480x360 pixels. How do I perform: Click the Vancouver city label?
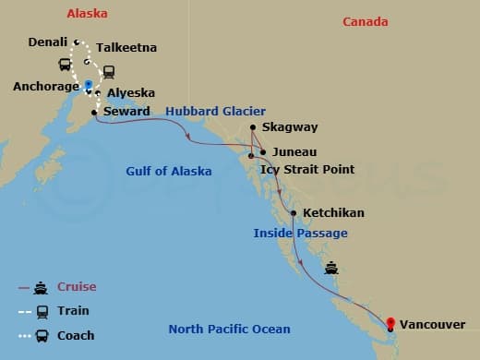pyautogui.click(x=432, y=324)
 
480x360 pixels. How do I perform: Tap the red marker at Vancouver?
pyautogui.click(x=390, y=323)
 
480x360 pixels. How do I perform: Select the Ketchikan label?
pyautogui.click(x=333, y=213)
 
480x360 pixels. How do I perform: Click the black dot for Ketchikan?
pyautogui.click(x=294, y=213)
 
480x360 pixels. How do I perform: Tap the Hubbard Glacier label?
pyautogui.click(x=215, y=112)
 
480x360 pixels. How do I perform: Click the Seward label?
pyautogui.click(x=127, y=112)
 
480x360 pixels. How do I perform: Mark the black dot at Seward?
pyautogui.click(x=95, y=113)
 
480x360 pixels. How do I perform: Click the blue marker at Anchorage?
pyautogui.click(x=88, y=84)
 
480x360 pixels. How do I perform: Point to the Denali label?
pyautogui.click(x=47, y=42)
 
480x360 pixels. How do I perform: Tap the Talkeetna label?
pyautogui.click(x=126, y=47)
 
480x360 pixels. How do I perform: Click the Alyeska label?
pyautogui.click(x=130, y=93)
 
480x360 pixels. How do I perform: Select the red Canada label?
pyautogui.click(x=365, y=22)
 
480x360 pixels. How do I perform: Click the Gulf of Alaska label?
pyautogui.click(x=169, y=171)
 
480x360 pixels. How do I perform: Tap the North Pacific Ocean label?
pyautogui.click(x=229, y=330)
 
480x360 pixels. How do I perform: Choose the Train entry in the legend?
pyautogui.click(x=73, y=311)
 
